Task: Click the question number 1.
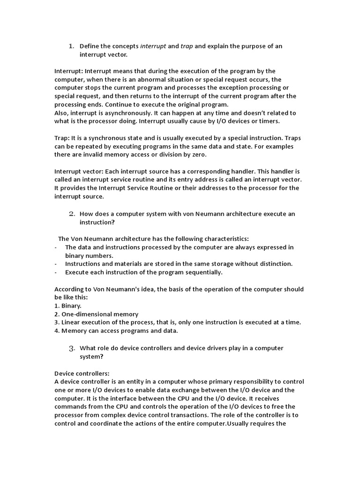click(71, 46)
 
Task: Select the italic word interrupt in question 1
click(153, 46)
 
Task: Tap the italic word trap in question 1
click(187, 46)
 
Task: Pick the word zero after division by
click(196, 155)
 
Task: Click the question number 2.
click(72, 214)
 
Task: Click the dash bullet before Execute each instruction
click(56, 272)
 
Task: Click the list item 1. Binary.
click(68, 306)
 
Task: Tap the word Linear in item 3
click(71, 322)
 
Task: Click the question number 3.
click(72, 348)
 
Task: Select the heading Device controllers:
click(82, 373)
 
